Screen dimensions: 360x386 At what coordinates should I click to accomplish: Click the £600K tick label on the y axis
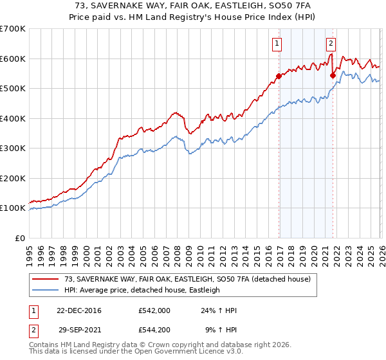(x=13, y=59)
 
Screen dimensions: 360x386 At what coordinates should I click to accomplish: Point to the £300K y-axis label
(x=13, y=148)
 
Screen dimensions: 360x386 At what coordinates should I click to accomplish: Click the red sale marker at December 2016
(x=279, y=76)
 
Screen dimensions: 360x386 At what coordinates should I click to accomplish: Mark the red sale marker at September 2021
(x=333, y=75)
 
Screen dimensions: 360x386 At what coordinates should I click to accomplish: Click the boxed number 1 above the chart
(x=277, y=44)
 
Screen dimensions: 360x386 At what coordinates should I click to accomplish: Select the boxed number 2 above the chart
(x=331, y=44)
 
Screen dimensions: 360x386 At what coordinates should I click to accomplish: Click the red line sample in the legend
(x=46, y=279)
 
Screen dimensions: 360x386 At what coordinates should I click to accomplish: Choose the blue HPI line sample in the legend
(x=46, y=290)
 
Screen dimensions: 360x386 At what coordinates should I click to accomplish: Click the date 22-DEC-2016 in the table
(x=79, y=310)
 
